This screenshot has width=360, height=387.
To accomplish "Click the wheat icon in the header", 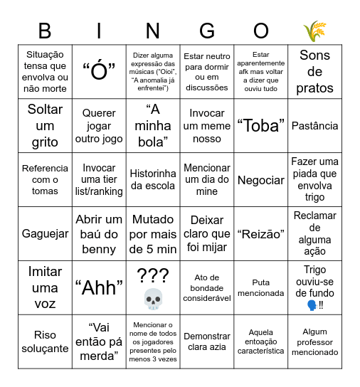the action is click(314, 31).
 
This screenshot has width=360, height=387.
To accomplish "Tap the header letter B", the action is click(45, 31).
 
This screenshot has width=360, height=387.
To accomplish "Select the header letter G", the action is click(207, 31).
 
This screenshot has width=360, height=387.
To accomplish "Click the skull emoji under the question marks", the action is click(154, 299).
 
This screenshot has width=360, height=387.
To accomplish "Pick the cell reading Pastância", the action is click(315, 126).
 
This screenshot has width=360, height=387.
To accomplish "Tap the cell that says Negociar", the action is click(260, 180).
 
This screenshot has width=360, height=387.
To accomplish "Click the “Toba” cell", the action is click(260, 126).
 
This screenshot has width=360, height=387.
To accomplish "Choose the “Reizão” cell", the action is click(260, 234).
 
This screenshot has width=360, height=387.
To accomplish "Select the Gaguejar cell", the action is click(45, 234).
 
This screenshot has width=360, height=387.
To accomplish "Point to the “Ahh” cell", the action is click(99, 287).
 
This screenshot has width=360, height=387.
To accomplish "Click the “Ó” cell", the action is click(99, 72).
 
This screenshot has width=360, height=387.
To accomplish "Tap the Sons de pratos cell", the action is click(315, 72).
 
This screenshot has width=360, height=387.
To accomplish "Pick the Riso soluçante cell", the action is click(45, 341).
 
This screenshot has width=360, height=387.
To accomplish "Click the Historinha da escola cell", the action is click(153, 180).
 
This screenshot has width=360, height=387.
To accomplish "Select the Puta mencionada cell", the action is click(260, 287).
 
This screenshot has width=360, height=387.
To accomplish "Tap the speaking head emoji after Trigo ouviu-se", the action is click(310, 305).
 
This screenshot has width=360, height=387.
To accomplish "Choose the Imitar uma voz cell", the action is click(45, 287).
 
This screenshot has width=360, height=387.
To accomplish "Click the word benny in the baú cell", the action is click(99, 249).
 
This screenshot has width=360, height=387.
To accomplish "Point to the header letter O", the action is click(261, 31).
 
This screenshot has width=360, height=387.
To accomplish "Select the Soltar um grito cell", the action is click(45, 126).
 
